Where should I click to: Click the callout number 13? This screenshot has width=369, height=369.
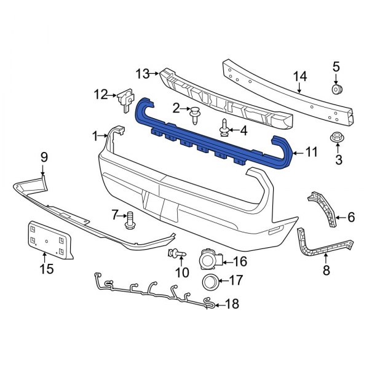click(142, 74)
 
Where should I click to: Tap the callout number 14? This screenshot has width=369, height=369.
click(300, 76)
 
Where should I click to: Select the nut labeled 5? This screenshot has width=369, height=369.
click(336, 90)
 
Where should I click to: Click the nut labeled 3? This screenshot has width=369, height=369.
click(336, 138)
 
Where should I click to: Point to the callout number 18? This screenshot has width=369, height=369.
click(232, 304)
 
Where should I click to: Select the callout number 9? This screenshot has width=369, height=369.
click(44, 158)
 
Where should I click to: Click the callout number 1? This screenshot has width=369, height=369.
click(95, 135)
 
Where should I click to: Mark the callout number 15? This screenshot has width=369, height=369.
click(46, 269)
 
